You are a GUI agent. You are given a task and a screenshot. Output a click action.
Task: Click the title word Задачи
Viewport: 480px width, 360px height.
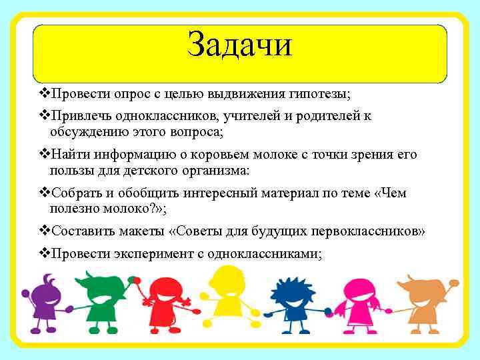240,45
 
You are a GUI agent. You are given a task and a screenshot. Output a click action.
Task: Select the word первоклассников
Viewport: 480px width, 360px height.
369,231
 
